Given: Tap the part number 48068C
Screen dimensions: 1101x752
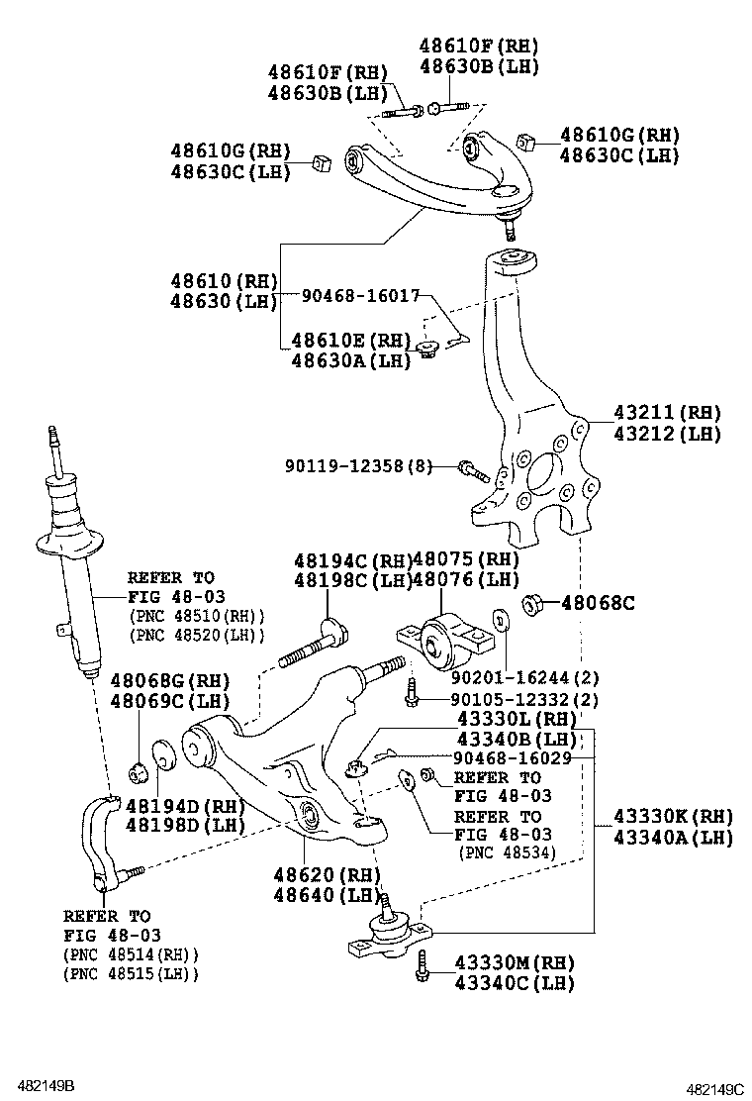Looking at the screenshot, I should pyautogui.click(x=598, y=602).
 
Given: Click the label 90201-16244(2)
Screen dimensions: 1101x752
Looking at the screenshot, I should pyautogui.click(x=525, y=678).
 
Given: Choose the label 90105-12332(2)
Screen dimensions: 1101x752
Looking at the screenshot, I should pyautogui.click(x=525, y=700).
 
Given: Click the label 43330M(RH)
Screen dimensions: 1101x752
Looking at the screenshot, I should pyautogui.click(x=514, y=962).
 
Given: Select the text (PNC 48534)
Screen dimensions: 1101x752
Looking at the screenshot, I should pyautogui.click(x=507, y=851).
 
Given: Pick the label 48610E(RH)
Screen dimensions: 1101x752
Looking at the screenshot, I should pyautogui.click(x=350, y=340).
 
